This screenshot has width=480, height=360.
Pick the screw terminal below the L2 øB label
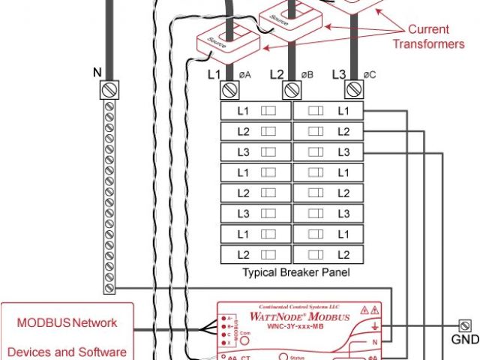tap(291, 90)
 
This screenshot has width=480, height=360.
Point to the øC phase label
tap(370, 74)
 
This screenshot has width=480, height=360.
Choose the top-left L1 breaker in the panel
tap(255, 111)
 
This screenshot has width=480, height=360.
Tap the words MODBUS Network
tap(67, 322)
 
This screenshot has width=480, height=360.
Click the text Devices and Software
tap(67, 351)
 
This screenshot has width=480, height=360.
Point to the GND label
tap(465, 339)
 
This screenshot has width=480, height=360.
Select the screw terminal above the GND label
tap(464, 325)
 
